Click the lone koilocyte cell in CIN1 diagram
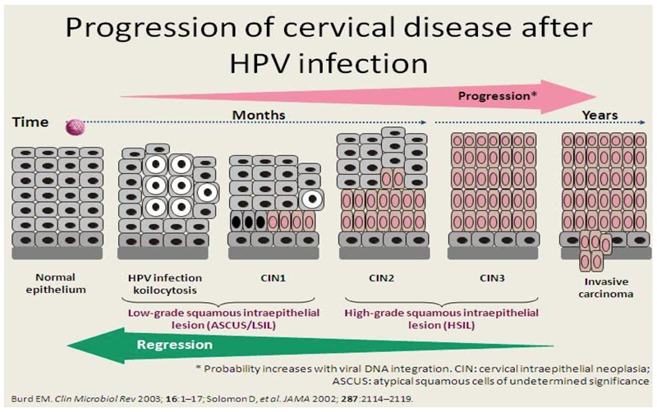[311, 198]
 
